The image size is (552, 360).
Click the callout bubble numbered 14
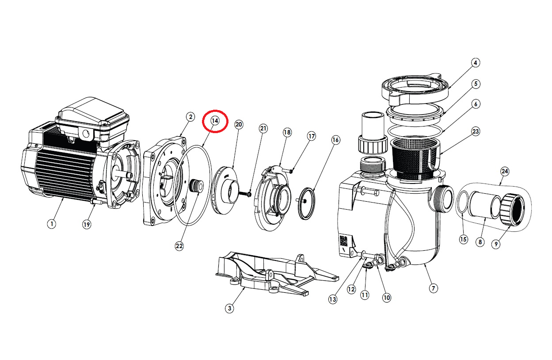(x=215, y=121)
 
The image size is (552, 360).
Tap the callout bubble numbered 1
(x=52, y=224)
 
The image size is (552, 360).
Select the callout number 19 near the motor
(x=87, y=225)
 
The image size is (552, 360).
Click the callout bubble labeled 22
(x=179, y=246)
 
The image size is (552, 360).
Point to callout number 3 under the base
(x=229, y=309)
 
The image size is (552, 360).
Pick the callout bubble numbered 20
(x=239, y=125)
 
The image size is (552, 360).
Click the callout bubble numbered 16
(x=335, y=140)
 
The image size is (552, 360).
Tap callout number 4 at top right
(x=475, y=63)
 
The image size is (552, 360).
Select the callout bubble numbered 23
(x=476, y=131)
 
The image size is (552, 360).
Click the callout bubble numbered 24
(x=505, y=171)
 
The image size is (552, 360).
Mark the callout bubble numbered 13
(x=332, y=299)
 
